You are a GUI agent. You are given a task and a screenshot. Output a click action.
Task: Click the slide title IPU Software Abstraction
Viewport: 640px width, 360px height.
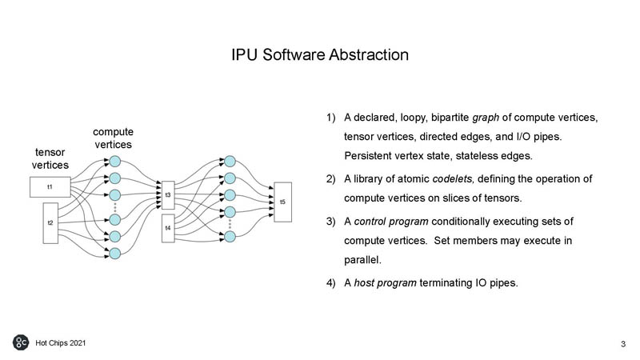pos(320,55)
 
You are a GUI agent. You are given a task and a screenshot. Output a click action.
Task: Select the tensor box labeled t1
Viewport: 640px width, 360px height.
pos(50,187)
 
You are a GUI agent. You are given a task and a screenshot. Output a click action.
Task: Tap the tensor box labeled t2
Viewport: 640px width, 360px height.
pos(50,222)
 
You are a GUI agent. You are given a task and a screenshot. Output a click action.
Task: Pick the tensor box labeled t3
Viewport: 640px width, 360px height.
pos(168,194)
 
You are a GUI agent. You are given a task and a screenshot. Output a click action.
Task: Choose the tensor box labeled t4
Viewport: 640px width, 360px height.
pos(168,228)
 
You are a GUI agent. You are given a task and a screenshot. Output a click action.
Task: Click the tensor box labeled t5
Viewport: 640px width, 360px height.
pos(282,202)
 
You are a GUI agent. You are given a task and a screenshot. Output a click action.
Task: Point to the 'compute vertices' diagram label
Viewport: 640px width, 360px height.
pos(114,138)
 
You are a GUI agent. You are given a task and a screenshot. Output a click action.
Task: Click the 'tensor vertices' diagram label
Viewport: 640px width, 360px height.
pos(50,158)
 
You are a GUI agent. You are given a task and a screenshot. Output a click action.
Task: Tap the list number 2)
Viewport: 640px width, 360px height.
pos(331,177)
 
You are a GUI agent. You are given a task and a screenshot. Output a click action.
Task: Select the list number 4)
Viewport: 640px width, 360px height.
pos(331,281)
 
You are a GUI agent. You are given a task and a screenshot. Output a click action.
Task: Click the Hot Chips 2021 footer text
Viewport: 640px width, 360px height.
pos(61,342)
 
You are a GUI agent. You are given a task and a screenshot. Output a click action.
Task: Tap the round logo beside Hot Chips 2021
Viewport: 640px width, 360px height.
pos(21,342)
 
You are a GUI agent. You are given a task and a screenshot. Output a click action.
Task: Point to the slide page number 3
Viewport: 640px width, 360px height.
pos(622,344)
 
